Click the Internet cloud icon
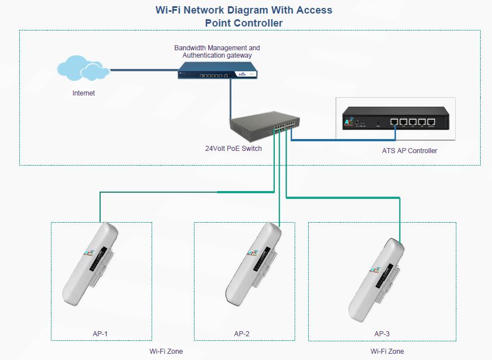[83, 68]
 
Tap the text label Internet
[84, 93]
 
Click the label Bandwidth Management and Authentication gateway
[217, 52]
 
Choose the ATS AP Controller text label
[409, 151]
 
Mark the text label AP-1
[100, 334]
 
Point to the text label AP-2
[241, 334]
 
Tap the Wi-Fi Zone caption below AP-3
[387, 352]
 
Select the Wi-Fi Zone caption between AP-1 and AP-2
[166, 352]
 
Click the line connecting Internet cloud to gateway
[144, 70]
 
